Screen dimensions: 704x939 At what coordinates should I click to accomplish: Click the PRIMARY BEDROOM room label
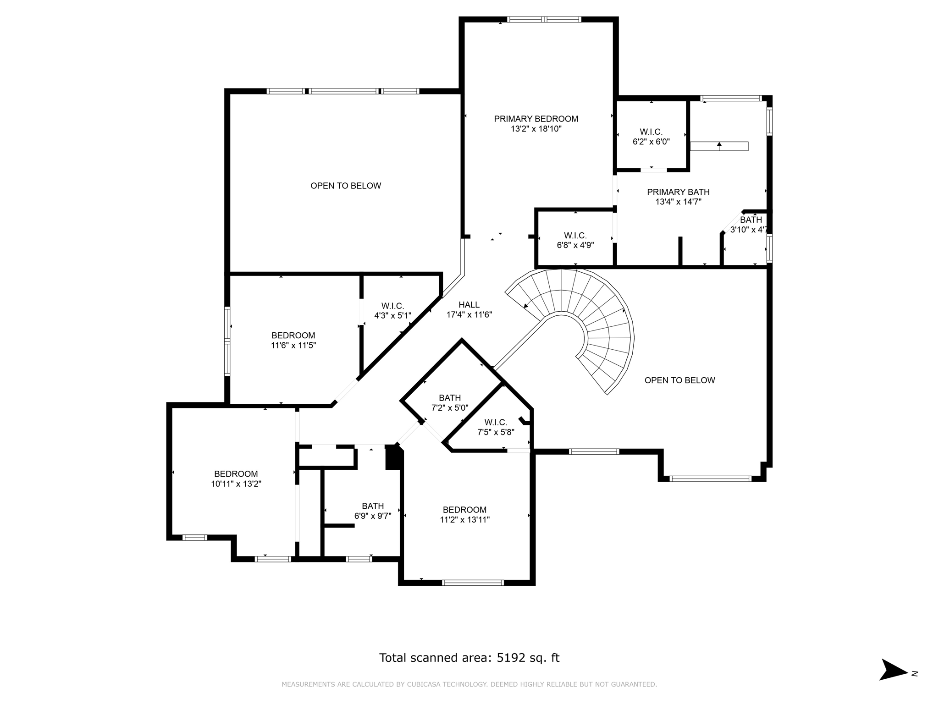click(536, 119)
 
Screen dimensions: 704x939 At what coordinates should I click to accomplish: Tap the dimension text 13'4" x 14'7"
click(678, 202)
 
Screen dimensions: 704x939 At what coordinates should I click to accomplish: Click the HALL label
click(469, 305)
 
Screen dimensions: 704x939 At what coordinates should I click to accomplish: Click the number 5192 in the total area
click(510, 658)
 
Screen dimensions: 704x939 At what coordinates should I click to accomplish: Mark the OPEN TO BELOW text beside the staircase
click(679, 380)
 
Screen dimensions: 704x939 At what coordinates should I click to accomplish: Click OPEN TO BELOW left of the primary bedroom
click(346, 186)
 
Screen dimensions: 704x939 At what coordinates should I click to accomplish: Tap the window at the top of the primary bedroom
click(544, 19)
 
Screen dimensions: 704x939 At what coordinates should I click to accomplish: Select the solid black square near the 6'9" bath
click(393, 458)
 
